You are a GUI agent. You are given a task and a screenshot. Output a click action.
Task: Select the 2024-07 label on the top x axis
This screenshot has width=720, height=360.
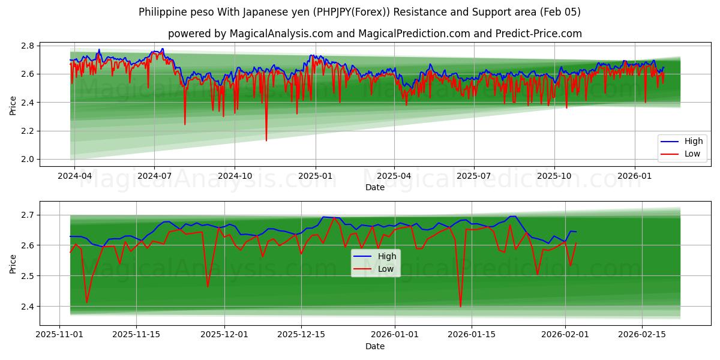pyautogui.click(x=154, y=176)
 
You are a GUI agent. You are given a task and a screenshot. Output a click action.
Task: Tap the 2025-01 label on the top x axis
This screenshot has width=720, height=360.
pyautogui.click(x=316, y=176)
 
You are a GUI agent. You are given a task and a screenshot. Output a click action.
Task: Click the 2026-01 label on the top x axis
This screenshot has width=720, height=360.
pyautogui.click(x=634, y=176)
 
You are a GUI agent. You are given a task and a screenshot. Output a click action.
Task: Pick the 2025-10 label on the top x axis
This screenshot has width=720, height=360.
pyautogui.click(x=554, y=176)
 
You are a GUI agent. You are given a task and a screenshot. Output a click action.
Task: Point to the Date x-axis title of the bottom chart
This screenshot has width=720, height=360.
pyautogui.click(x=375, y=346)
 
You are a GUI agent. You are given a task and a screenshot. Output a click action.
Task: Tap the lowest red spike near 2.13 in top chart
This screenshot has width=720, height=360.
pyautogui.click(x=266, y=140)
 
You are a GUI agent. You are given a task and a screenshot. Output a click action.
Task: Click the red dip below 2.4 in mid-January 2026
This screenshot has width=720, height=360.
pyautogui.click(x=460, y=307)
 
